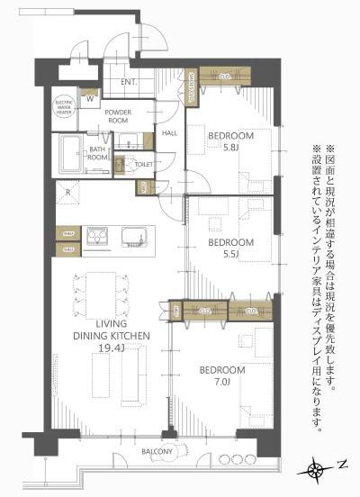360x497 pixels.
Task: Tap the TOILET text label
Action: click(x=142, y=165)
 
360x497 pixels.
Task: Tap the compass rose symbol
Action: click(x=316, y=468)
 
